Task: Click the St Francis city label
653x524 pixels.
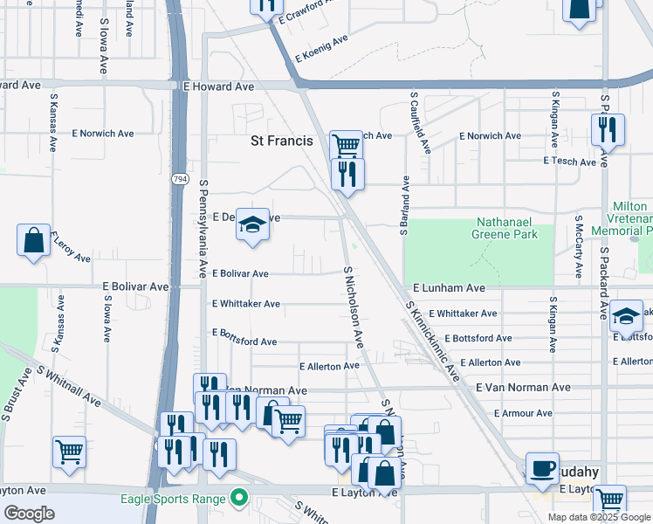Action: (281, 140)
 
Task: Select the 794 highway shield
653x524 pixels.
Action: (180, 179)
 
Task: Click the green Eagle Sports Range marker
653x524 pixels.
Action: (237, 500)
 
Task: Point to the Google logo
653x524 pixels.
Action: (29, 514)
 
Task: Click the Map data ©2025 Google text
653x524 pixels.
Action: (599, 517)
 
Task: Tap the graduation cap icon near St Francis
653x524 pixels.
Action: (251, 226)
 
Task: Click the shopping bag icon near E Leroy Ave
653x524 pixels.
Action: (33, 241)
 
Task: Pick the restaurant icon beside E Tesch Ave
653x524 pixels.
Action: (607, 130)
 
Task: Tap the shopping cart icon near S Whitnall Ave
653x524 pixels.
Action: (69, 452)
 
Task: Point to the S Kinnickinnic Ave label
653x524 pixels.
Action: (432, 341)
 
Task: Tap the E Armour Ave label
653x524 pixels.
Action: (523, 413)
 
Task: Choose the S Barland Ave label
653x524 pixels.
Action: (405, 205)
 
